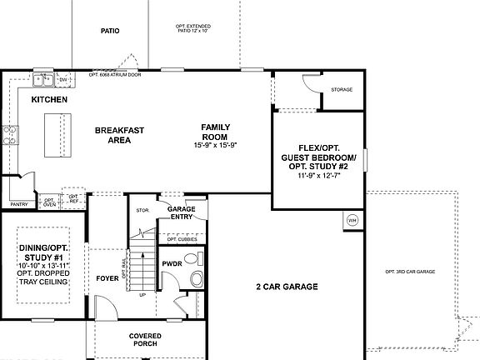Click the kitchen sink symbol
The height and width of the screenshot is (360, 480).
tap(44, 80)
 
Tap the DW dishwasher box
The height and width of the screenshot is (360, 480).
tap(63, 80)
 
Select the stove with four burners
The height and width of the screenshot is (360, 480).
tap(11, 134)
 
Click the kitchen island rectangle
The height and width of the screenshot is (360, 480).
tap(57, 133)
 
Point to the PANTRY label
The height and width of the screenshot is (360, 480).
tap(19, 204)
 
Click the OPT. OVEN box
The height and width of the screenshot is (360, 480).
tap(50, 202)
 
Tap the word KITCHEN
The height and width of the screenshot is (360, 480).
tap(49, 99)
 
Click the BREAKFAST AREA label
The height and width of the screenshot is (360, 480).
tap(119, 135)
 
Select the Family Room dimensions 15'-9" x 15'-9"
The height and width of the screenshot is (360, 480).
tap(215, 145)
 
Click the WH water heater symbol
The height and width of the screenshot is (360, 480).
tap(352, 220)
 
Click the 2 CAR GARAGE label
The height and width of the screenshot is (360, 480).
tap(287, 287)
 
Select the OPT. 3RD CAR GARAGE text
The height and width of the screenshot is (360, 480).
tap(411, 272)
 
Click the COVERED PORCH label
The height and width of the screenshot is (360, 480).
tap(145, 338)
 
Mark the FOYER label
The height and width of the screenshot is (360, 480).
tap(107, 279)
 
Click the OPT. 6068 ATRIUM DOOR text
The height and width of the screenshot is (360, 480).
tap(116, 74)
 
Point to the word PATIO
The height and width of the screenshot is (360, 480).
tap(110, 31)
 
